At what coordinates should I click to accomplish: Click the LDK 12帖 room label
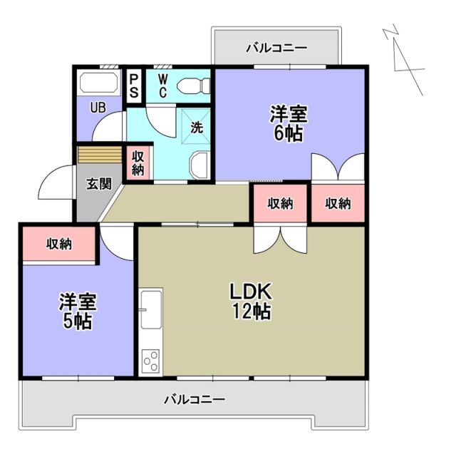249,301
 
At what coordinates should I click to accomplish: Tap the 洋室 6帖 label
288,123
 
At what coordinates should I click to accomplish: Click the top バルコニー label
276,48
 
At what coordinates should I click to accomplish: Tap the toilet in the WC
193,86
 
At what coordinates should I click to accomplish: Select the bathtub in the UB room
100,83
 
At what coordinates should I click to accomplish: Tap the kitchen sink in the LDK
151,307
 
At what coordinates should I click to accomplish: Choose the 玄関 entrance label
99,183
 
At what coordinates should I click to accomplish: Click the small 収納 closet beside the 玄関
138,163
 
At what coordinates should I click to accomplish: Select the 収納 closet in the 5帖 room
59,244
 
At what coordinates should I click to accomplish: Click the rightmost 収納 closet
338,203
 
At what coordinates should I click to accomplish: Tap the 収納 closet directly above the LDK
280,203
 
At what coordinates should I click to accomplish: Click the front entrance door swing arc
56,187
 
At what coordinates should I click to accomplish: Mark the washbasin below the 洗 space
199,166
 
